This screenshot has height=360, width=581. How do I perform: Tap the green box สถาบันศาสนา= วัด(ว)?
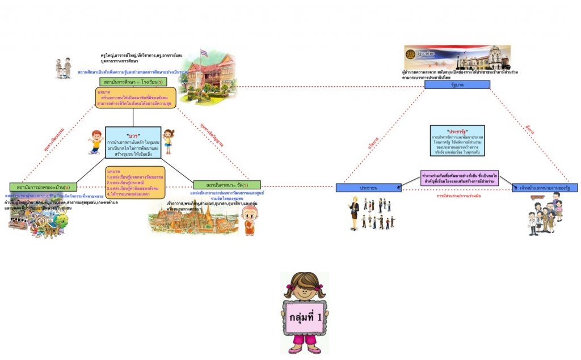pos(227,185)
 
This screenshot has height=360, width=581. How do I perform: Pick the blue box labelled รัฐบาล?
pos(457,85)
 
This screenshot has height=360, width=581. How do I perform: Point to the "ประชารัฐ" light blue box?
pos(457,141)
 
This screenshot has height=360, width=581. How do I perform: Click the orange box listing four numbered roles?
pos(135,182)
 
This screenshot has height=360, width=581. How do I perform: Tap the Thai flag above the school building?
pos(204,53)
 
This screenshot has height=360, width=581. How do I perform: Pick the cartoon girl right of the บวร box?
pos(168,141)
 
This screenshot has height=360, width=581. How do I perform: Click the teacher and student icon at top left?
pos(64,67)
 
